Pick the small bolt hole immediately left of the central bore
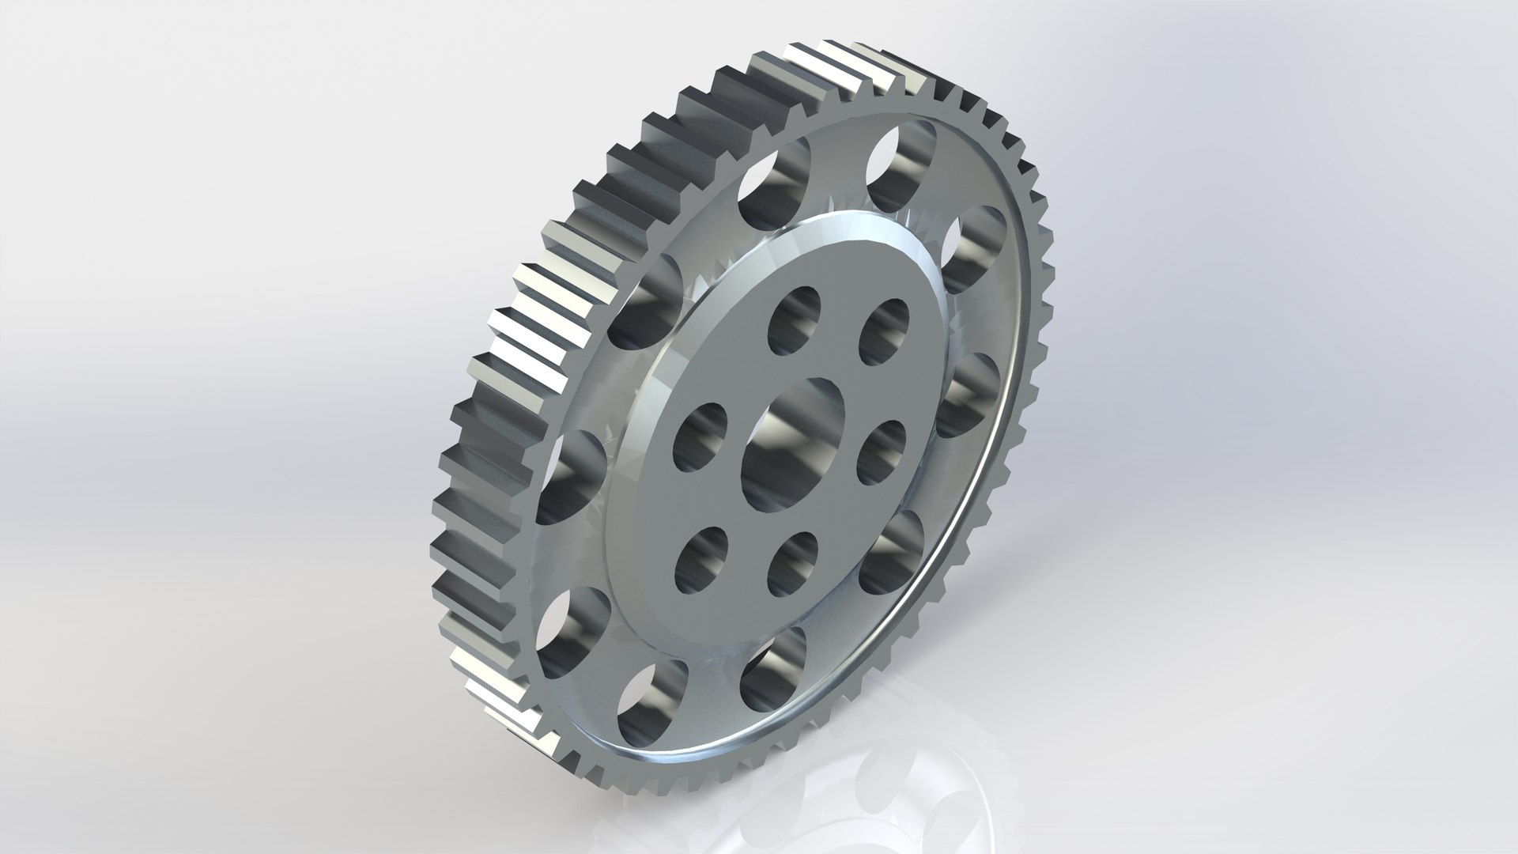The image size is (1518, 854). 700,440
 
